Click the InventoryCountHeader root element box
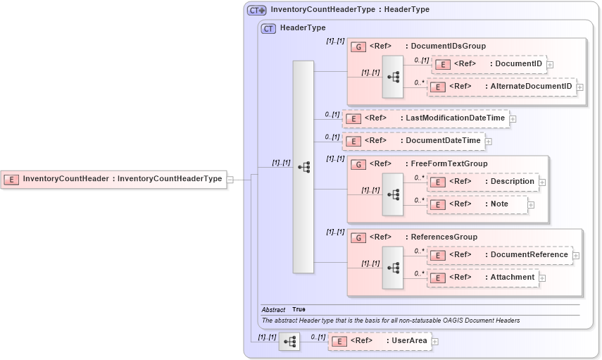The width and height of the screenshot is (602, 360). [x=113, y=179]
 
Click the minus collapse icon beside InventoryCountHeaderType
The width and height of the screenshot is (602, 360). [x=230, y=180]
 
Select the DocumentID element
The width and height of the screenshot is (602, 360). [x=489, y=64]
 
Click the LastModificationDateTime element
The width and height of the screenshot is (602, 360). [x=425, y=118]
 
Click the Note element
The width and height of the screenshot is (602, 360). [x=477, y=204]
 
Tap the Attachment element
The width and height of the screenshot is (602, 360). [x=482, y=278]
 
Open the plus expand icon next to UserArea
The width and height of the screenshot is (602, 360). [x=434, y=342]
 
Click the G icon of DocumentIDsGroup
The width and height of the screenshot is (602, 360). [x=358, y=46]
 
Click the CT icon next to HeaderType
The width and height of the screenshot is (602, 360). [x=268, y=28]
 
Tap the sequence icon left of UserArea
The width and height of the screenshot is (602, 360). [x=289, y=342]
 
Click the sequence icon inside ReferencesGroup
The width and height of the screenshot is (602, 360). [x=393, y=267]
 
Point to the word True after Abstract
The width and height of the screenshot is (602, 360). [x=299, y=309]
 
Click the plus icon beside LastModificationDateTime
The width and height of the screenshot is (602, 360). [x=513, y=119]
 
